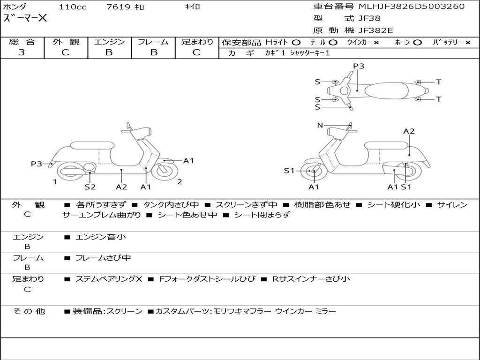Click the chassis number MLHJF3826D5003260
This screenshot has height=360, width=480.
click(412, 7)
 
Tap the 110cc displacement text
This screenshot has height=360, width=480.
click(73, 7)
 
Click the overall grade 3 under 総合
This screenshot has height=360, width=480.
click(22, 52)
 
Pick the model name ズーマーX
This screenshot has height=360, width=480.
click(25, 19)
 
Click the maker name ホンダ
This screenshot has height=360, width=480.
click(15, 7)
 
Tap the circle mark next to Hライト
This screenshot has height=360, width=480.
click(296, 43)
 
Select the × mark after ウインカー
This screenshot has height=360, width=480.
click(376, 43)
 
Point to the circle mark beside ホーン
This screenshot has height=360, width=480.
click(418, 43)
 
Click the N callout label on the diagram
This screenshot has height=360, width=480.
click(320, 125)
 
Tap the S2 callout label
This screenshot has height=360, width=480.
click(90, 187)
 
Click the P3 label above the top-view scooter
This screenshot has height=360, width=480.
click(359, 66)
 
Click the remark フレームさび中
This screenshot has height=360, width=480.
click(103, 258)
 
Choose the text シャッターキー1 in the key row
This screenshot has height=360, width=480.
click(310, 53)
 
